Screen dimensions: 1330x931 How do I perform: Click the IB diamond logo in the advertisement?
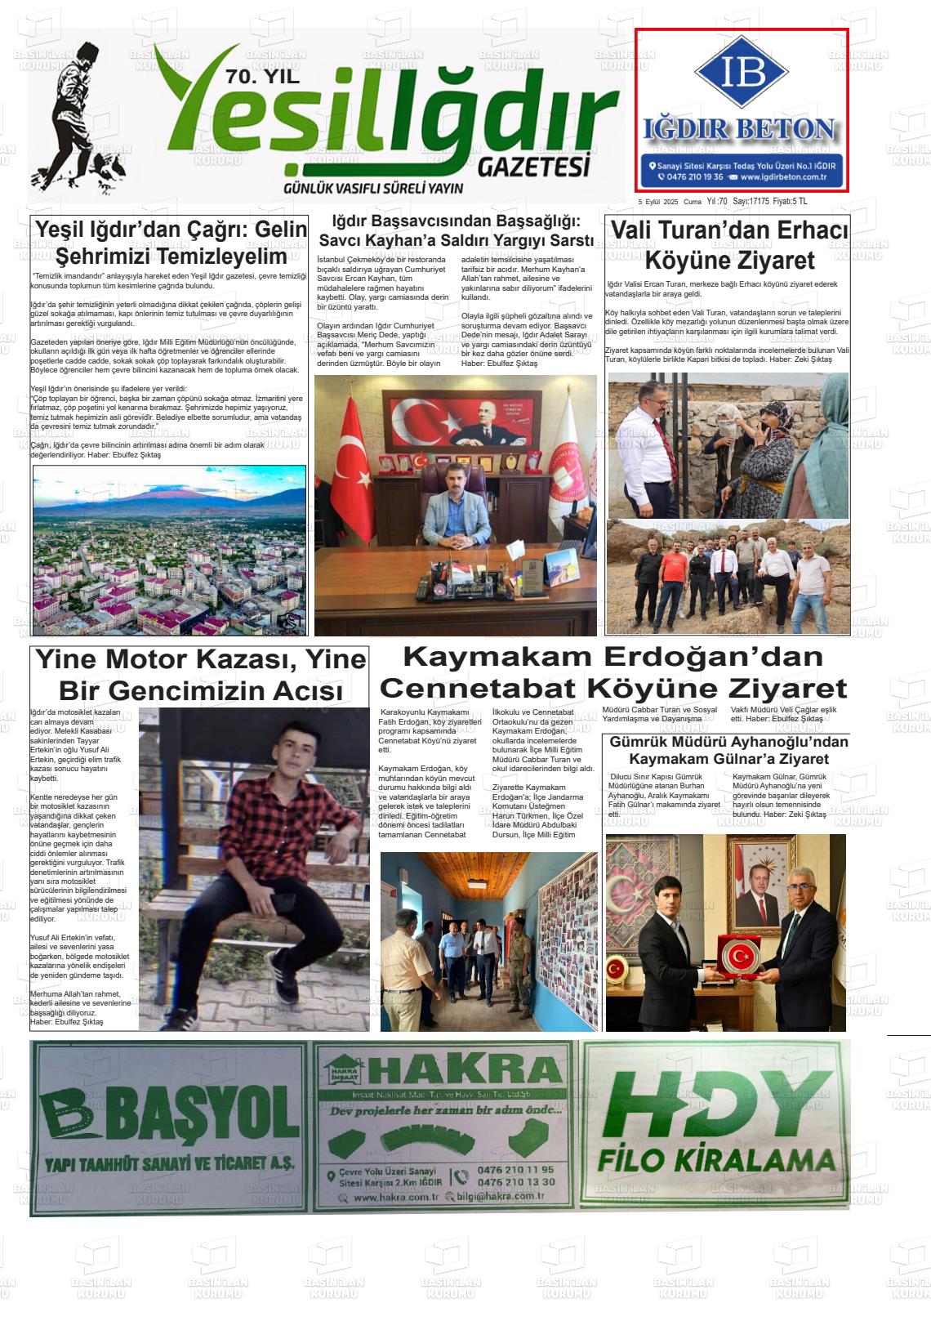[742, 72]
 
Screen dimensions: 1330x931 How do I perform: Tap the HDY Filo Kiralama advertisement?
[716, 1126]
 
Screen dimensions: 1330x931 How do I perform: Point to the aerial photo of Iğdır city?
[170, 550]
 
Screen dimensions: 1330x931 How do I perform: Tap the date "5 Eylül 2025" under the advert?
[658, 202]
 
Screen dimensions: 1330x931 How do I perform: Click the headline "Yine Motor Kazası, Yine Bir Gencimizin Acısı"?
[200, 675]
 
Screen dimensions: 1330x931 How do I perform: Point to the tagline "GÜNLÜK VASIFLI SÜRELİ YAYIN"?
[372, 188]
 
